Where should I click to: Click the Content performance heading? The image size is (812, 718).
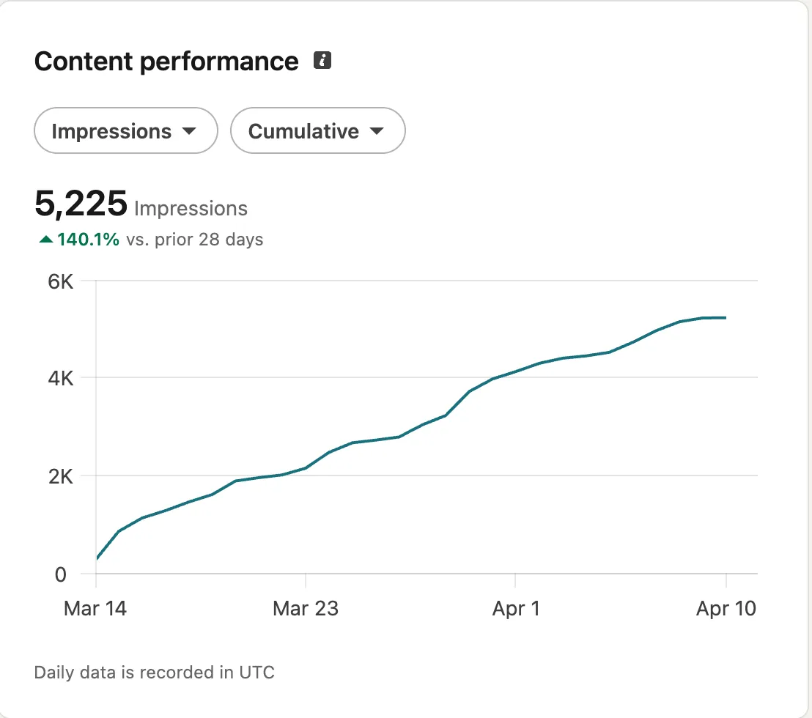tap(166, 62)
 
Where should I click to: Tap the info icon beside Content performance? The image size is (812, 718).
tap(322, 61)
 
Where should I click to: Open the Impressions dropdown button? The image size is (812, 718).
tap(126, 131)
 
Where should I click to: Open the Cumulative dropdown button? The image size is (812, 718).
tap(317, 131)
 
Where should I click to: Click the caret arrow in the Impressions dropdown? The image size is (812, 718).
tap(189, 132)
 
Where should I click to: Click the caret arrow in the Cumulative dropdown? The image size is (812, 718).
tap(377, 132)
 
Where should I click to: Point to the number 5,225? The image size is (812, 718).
tap(81, 204)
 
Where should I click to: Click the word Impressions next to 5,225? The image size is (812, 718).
tap(191, 209)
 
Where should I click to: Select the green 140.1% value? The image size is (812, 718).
tap(88, 240)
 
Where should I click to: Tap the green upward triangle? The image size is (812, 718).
tap(45, 240)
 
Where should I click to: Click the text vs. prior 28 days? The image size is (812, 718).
tap(194, 240)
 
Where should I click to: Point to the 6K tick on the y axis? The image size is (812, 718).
tap(61, 281)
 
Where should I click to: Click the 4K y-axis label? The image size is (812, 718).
tap(61, 379)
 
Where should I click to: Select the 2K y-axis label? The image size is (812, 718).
tap(61, 476)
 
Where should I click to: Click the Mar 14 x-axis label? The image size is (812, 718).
tap(95, 608)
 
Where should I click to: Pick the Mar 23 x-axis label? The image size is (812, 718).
tap(306, 608)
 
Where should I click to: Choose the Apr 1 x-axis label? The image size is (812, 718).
tap(515, 608)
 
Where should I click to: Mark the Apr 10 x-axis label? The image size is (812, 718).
tap(726, 608)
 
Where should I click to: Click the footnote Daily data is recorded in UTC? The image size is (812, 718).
tap(155, 672)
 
